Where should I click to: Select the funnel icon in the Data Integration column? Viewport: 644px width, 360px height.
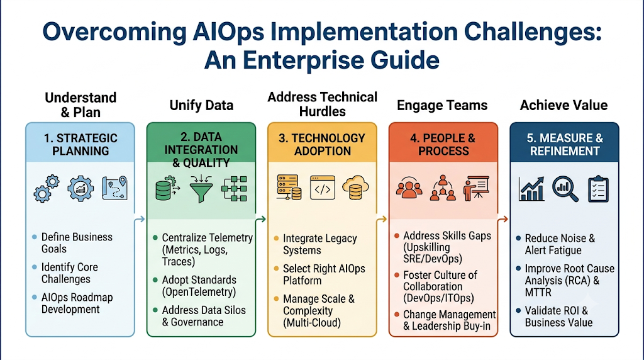201,189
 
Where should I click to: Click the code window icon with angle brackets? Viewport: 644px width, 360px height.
323,188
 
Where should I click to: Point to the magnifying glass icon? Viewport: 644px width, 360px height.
565,189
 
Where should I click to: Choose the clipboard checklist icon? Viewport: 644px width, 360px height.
598,189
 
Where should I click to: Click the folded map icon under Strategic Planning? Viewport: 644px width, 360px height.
114,188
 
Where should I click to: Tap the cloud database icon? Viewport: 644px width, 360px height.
355,188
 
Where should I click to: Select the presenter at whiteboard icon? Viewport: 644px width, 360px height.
476,189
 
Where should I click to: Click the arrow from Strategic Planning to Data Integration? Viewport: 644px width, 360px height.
140,219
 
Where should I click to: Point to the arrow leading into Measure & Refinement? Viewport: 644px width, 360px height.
502,220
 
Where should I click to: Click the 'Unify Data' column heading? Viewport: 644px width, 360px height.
201,105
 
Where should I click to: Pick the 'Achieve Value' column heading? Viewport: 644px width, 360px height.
563,105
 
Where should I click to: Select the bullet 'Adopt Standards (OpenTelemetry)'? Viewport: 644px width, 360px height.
199,286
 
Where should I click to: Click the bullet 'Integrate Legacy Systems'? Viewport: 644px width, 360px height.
319,244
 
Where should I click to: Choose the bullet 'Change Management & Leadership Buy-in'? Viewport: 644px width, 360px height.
449,320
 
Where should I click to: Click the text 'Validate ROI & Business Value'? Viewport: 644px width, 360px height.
558,317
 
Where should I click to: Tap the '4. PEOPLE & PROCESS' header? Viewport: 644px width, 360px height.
443,144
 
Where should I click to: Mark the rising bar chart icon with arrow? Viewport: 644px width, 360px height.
531,189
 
